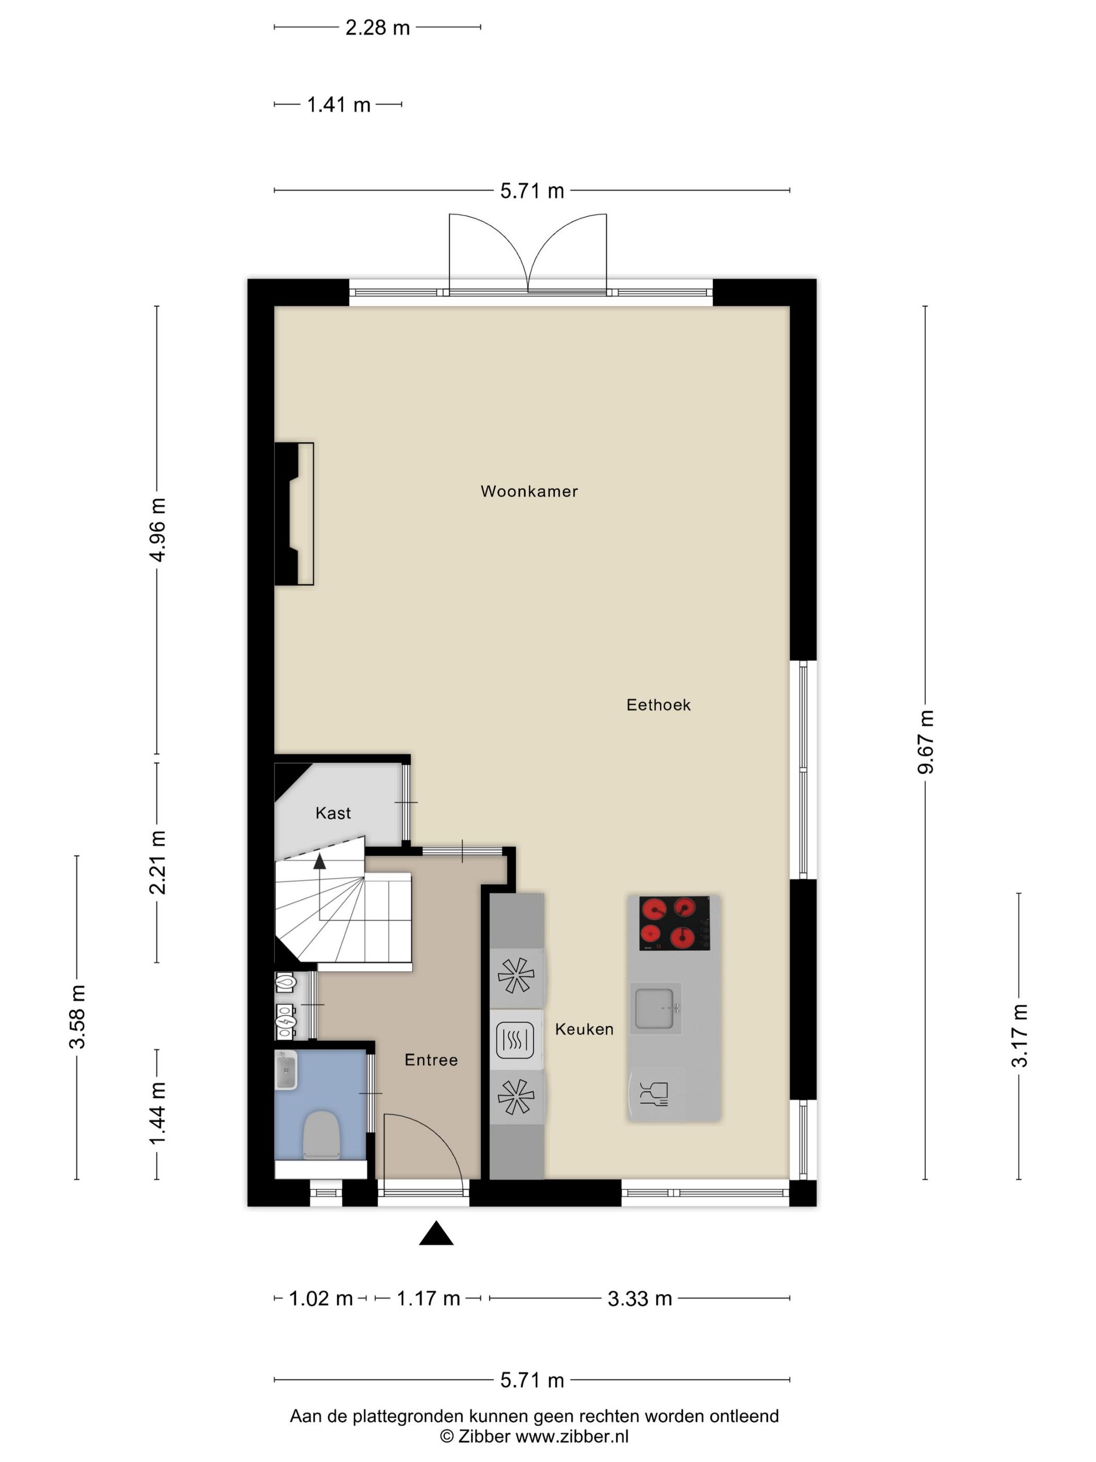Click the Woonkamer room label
click(529, 491)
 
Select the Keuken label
click(584, 1029)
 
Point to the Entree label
click(431, 1059)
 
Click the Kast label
click(333, 813)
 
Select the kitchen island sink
click(654, 1008)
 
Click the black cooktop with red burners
click(674, 923)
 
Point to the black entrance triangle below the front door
click(436, 1233)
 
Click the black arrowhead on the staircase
click(320, 860)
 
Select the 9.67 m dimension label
click(925, 741)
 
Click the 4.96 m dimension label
click(157, 529)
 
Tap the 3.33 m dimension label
click(639, 1299)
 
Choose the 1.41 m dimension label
click(338, 104)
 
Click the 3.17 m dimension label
click(1019, 1036)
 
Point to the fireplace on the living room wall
click(294, 514)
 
